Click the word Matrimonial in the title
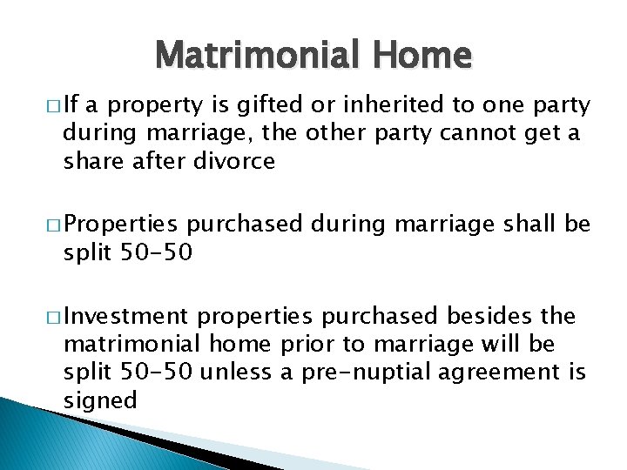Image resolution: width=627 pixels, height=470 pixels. coord(261,57)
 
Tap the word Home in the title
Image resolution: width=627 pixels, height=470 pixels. coord(424,57)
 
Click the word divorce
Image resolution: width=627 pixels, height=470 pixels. coord(236,162)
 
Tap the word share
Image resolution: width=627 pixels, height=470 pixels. coord(91,162)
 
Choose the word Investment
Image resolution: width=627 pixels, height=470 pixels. coord(125,315)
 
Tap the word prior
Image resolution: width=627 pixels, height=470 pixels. coord(309,343)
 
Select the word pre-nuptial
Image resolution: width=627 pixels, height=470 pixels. coord(363,372)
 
